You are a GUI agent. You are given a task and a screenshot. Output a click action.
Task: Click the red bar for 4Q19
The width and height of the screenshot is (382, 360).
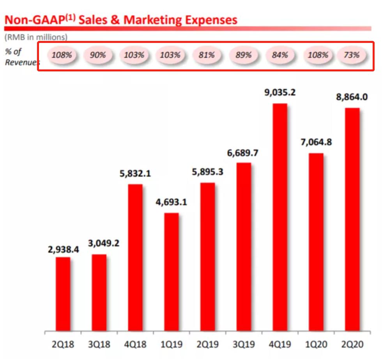coord(280,217)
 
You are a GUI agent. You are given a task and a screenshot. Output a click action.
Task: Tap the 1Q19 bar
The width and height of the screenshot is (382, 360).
coord(172,271)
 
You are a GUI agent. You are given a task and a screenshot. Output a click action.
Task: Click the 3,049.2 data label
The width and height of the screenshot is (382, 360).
coord(99,244)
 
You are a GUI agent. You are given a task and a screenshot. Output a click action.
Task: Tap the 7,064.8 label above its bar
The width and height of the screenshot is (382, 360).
coord(316,142)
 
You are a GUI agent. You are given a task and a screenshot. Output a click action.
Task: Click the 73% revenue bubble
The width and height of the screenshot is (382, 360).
coord(352,55)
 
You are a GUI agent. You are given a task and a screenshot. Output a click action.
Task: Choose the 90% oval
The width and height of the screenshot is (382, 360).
coord(97,55)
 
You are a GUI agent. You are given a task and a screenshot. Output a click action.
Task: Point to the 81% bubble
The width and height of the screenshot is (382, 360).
coord(207,55)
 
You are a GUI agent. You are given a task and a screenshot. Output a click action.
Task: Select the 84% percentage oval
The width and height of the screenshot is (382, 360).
coord(280,55)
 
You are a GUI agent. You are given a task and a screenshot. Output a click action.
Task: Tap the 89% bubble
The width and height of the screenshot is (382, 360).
coord(243,55)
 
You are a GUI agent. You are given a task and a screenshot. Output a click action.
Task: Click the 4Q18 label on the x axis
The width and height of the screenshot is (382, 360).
coord(135,345)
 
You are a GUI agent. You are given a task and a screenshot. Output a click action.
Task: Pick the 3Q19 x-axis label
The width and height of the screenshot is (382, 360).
coord(244,345)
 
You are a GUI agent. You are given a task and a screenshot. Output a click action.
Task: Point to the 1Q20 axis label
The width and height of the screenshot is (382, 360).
coord(316,345)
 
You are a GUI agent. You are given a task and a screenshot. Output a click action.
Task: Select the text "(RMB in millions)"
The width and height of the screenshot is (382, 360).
coord(36,37)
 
